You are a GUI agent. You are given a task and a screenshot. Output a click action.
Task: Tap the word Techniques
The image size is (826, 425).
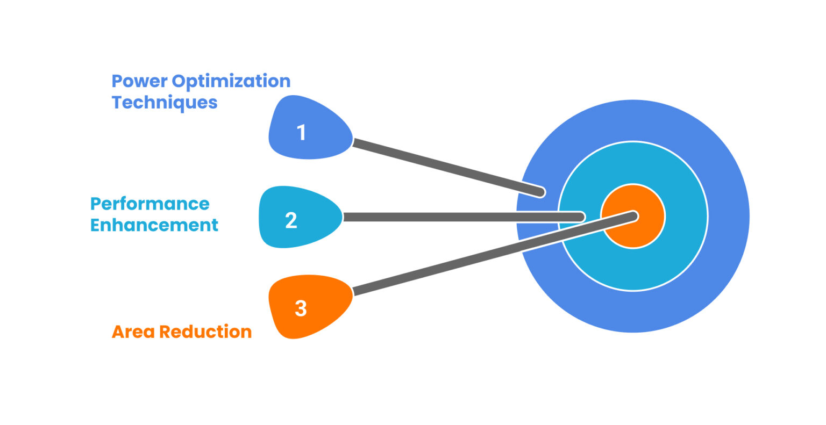click(165, 102)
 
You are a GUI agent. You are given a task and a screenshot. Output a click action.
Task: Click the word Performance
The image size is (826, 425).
click(149, 204)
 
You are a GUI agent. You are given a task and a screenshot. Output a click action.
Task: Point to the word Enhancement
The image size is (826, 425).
click(154, 225)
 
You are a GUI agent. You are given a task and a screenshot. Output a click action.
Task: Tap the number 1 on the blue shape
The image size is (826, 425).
click(302, 132)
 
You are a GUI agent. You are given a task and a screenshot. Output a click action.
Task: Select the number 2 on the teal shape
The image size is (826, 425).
click(291, 220)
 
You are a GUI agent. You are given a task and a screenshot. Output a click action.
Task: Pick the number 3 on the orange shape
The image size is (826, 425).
click(301, 308)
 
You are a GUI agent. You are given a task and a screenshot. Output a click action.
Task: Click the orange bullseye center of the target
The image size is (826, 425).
click(645, 231)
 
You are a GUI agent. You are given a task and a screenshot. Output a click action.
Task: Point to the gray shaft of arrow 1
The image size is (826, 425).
click(446, 167)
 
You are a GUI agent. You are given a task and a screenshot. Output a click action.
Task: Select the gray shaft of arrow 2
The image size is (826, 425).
click(462, 217)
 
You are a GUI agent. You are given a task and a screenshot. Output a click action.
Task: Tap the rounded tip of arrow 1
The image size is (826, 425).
click(540, 192)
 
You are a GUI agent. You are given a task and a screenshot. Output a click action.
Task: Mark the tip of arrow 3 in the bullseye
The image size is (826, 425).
click(633, 216)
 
